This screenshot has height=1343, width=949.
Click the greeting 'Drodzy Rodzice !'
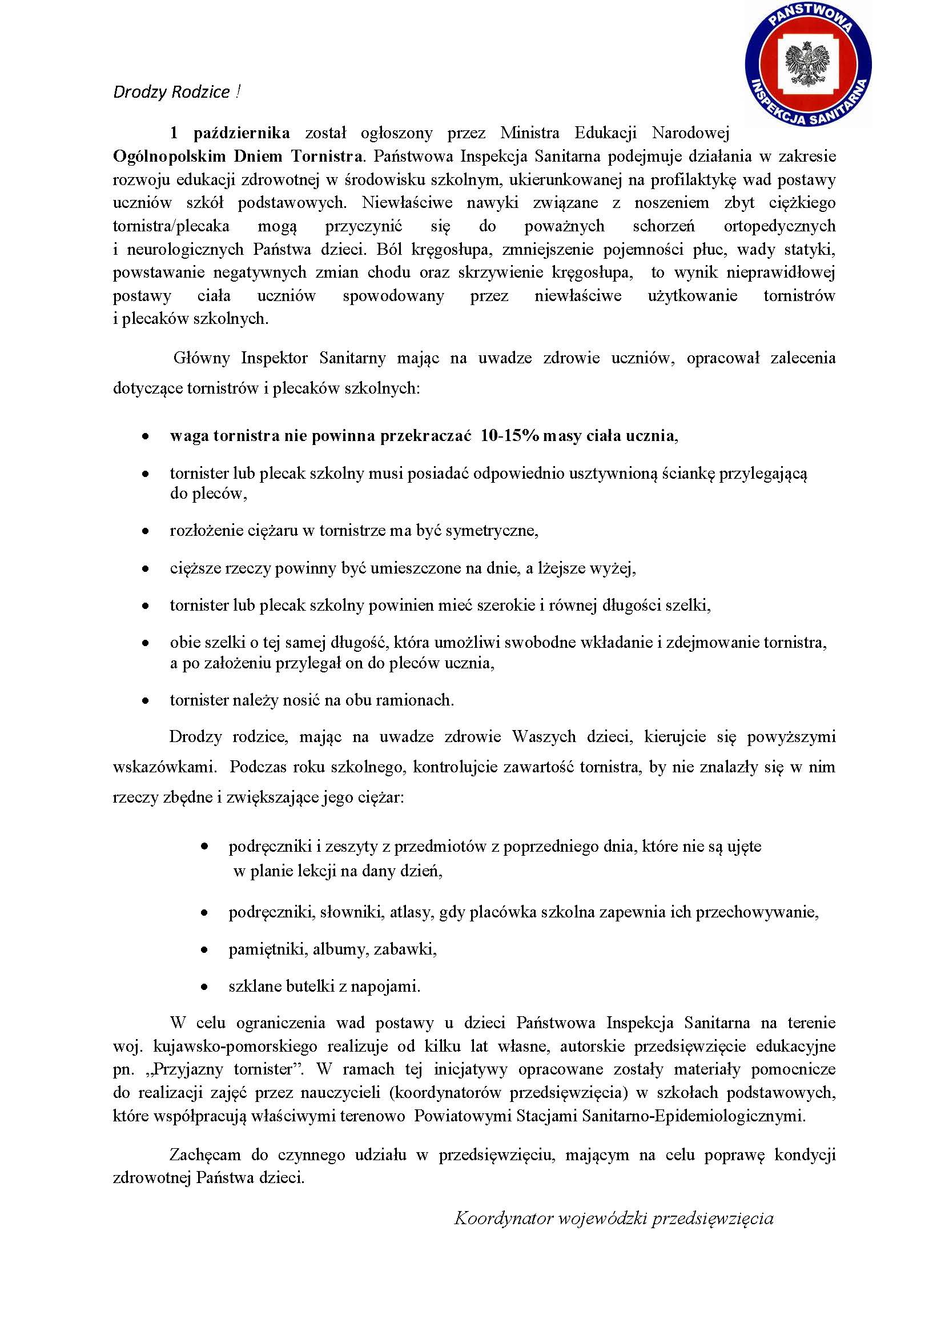176,93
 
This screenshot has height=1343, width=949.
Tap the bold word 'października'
242,133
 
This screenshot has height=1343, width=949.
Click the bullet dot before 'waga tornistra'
146,438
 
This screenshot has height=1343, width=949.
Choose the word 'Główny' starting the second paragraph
201,358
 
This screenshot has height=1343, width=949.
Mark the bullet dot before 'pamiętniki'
204,950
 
